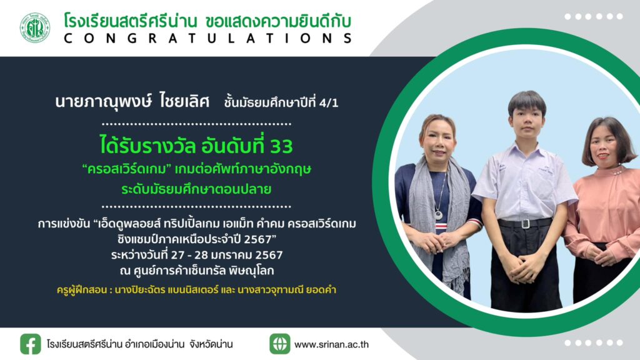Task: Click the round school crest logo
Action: [x=35, y=28]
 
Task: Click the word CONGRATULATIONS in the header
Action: [x=207, y=38]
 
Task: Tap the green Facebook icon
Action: [x=31, y=344]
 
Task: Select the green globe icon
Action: [x=280, y=344]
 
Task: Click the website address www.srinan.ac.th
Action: [x=331, y=344]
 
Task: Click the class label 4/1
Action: [x=329, y=103]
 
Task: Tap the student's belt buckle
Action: [x=525, y=224]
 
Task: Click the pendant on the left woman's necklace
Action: [x=438, y=214]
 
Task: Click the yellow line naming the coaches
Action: [x=196, y=290]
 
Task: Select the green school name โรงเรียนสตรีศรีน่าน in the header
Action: [x=131, y=21]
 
